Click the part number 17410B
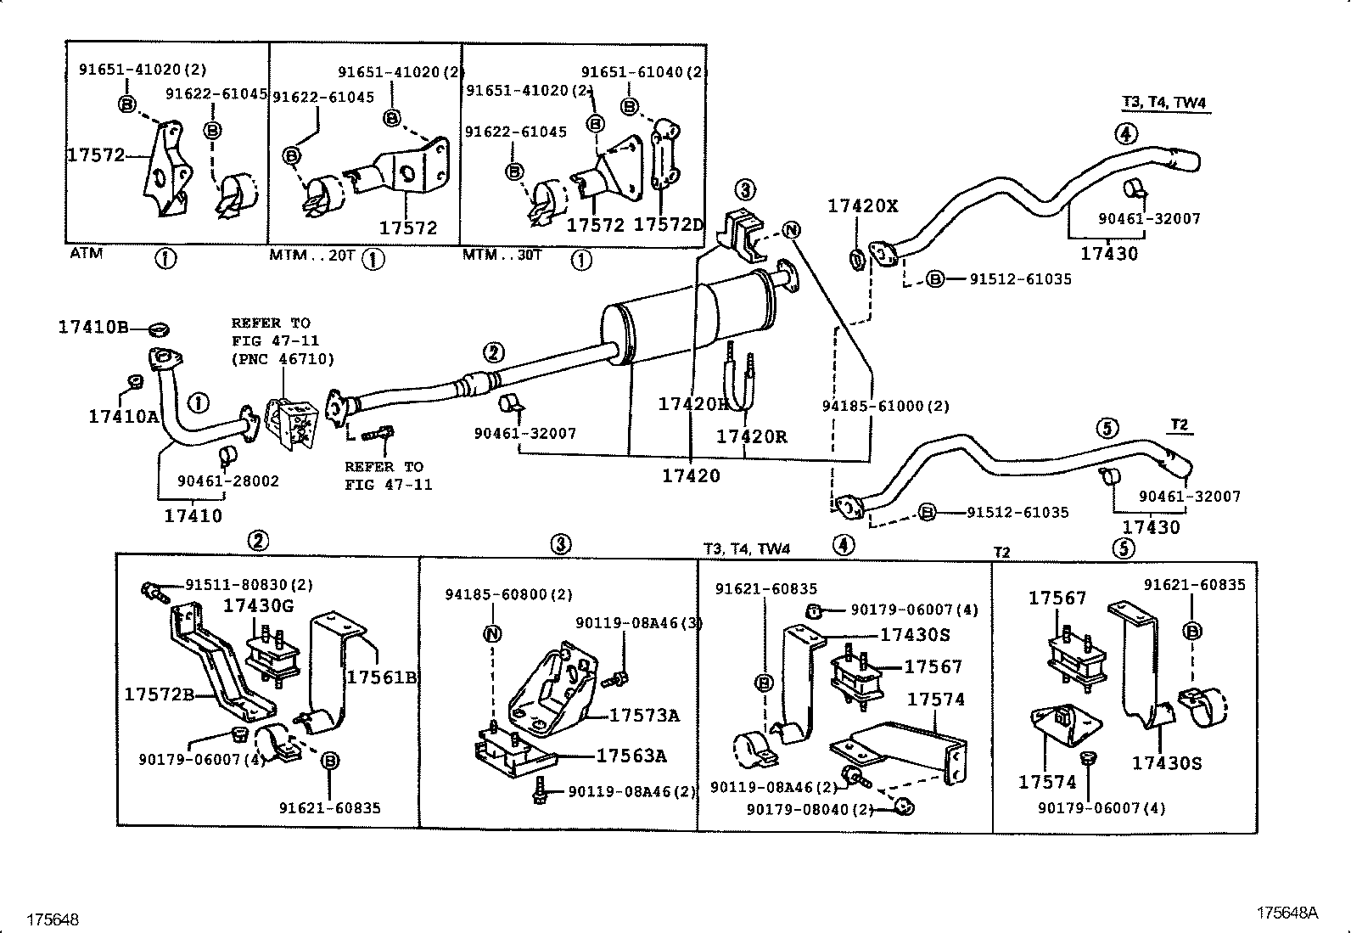tap(92, 327)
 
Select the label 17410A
tap(124, 416)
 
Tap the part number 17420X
tap(862, 205)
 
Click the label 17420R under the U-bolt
tap(751, 437)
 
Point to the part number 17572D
tap(669, 225)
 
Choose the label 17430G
tap(258, 605)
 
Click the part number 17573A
tap(644, 716)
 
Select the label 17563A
tap(631, 756)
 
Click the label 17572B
tap(160, 694)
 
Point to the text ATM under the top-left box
tap(86, 254)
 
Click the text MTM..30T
tap(502, 255)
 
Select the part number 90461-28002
tap(227, 481)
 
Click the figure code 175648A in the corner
tap(1287, 913)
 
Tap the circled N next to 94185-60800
tap(493, 633)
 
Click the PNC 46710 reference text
tap(283, 359)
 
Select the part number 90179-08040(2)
tap(810, 809)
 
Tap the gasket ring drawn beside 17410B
tap(160, 328)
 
